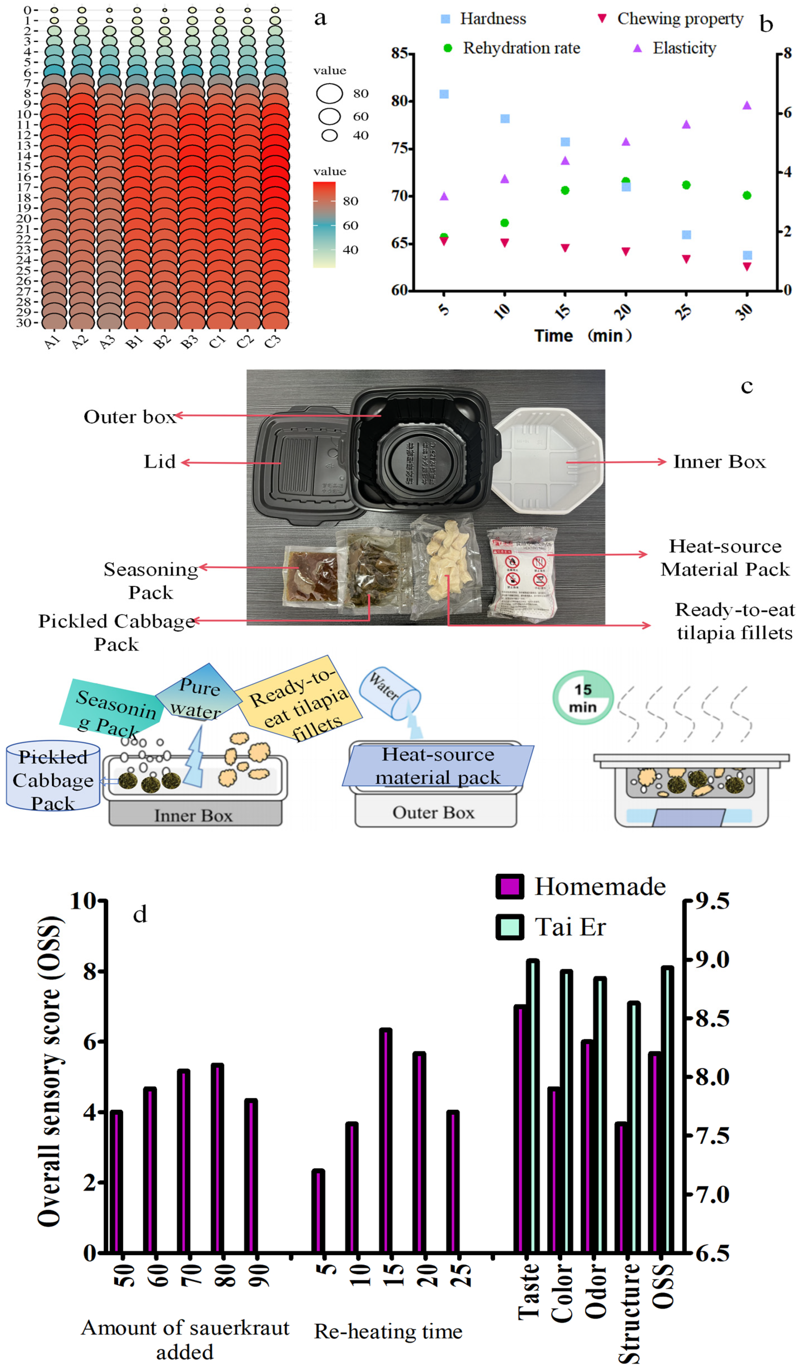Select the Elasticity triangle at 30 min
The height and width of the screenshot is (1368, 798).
pos(747,105)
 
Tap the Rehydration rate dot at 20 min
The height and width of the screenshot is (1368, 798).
pos(626,181)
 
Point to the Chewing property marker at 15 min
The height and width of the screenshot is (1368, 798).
pos(565,248)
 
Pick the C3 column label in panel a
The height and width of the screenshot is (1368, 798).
pos(273,341)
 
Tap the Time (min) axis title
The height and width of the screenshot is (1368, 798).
pos(583,335)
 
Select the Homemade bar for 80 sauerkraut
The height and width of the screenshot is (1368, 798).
pos(218,1157)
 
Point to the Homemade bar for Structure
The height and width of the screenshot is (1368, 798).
pos(621,1187)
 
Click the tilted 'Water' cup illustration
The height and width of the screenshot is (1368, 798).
pos(391,692)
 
